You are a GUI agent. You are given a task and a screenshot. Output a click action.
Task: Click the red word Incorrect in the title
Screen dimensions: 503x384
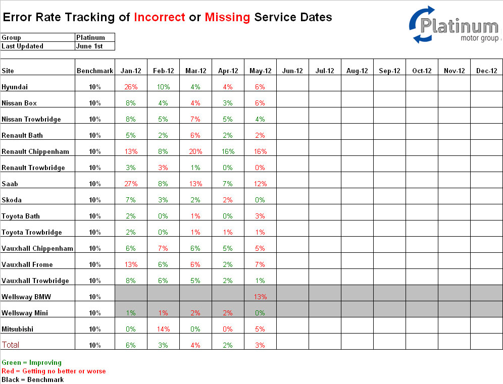pos(160,17)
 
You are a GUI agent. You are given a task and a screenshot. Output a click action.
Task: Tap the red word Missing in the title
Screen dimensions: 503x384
pos(227,17)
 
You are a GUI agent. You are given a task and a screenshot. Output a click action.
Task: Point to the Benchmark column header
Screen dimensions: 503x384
pos(95,71)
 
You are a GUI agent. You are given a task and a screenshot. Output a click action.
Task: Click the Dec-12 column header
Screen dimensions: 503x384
pos(487,71)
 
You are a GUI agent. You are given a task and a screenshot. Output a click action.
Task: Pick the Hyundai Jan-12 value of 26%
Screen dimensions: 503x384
pos(131,87)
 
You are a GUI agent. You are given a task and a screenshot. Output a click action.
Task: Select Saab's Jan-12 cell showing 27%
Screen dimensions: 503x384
pos(131,184)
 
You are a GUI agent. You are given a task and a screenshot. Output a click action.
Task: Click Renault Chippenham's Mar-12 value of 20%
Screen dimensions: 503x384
pos(195,151)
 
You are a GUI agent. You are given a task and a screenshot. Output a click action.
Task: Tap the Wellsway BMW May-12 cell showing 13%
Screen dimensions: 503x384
pos(260,297)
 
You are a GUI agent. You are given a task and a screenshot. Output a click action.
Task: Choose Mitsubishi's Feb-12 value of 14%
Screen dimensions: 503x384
pos(163,329)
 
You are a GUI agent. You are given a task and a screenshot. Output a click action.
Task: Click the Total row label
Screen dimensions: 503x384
pos(11,345)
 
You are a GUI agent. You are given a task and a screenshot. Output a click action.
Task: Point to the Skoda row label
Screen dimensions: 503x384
pos(12,200)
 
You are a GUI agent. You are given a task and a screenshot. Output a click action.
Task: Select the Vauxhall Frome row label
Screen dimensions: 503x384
pos(27,264)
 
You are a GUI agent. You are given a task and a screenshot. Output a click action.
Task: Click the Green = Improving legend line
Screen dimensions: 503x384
pos(31,362)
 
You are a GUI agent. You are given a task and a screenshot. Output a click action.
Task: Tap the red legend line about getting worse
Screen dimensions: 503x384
pos(54,371)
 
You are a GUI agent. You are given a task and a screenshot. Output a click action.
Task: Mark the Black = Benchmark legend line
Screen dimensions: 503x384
pos(33,380)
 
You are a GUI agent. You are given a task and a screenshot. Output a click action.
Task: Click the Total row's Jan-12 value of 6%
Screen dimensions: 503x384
pos(131,345)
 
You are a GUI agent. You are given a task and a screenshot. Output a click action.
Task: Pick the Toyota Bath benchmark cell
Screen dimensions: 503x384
pos(95,216)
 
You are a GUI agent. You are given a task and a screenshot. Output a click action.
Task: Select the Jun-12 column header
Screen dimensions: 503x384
pos(292,71)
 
